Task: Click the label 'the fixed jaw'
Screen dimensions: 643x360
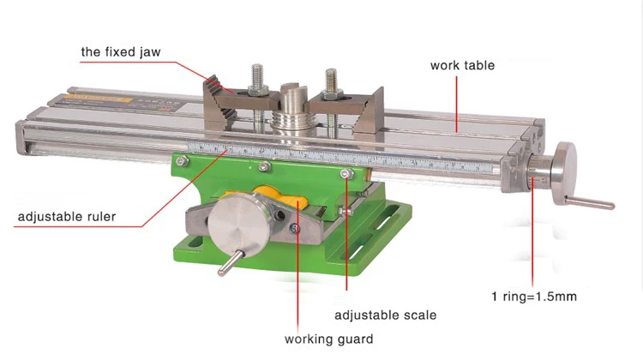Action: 121,52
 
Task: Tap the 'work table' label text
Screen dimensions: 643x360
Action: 462,65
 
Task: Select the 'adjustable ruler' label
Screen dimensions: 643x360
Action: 67,217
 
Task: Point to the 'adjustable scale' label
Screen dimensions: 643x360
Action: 386,315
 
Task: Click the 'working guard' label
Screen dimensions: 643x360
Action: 329,339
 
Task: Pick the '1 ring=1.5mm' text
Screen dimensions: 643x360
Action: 534,296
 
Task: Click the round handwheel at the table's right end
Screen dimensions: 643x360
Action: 563,173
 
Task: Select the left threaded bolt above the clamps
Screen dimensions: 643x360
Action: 257,79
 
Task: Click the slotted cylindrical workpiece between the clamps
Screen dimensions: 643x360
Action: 293,111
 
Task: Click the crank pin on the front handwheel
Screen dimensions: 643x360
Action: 230,262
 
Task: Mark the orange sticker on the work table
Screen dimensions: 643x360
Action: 97,99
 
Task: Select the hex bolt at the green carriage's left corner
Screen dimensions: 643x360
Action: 182,161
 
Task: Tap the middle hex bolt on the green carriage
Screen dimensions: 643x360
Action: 265,166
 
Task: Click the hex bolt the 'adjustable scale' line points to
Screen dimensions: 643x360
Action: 346,174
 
